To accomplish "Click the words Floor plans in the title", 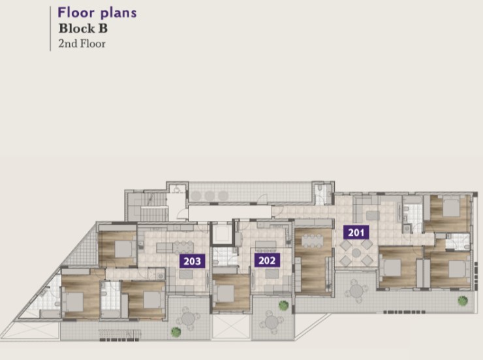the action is [97, 13].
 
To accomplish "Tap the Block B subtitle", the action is [83, 29].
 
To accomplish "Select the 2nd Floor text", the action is [82, 44].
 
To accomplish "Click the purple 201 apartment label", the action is [356, 233].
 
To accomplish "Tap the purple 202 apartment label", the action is [267, 261].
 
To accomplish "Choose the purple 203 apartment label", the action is [192, 261].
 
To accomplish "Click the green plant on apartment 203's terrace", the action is [176, 332].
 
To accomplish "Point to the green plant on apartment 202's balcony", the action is [283, 306].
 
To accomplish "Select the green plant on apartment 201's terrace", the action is [463, 301].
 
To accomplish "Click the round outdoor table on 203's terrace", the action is [188, 319].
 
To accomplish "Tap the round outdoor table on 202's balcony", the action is [272, 322].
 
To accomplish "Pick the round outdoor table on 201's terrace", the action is [356, 291].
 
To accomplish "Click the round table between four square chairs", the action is [356, 253].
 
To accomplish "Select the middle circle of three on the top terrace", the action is [210, 196].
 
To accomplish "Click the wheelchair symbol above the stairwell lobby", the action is [177, 189].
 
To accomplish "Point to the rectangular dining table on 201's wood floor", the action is [312, 240].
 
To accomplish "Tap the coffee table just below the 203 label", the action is [186, 274].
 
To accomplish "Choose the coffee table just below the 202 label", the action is [272, 274].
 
